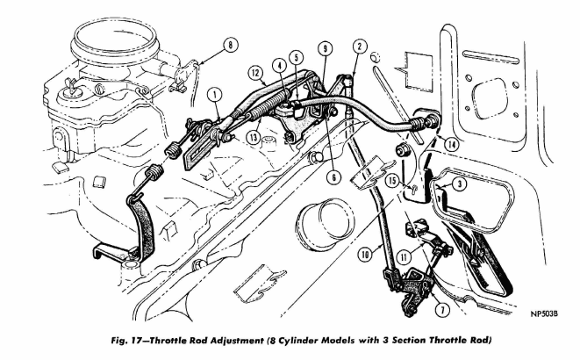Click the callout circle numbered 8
[x=230, y=46]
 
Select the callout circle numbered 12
[x=256, y=73]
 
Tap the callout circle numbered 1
[x=215, y=95]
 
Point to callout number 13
[x=254, y=138]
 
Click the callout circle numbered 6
[x=333, y=177]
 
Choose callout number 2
[x=359, y=47]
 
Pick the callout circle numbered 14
[x=451, y=144]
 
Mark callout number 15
[x=393, y=181]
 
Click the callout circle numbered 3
[x=460, y=184]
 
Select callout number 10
[x=365, y=255]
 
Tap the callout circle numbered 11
[x=404, y=256]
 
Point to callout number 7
[x=442, y=310]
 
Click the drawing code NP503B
[x=544, y=314]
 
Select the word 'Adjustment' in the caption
[x=236, y=341]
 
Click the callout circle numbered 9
[x=325, y=48]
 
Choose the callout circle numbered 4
[x=280, y=66]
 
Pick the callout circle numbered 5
[x=297, y=57]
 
